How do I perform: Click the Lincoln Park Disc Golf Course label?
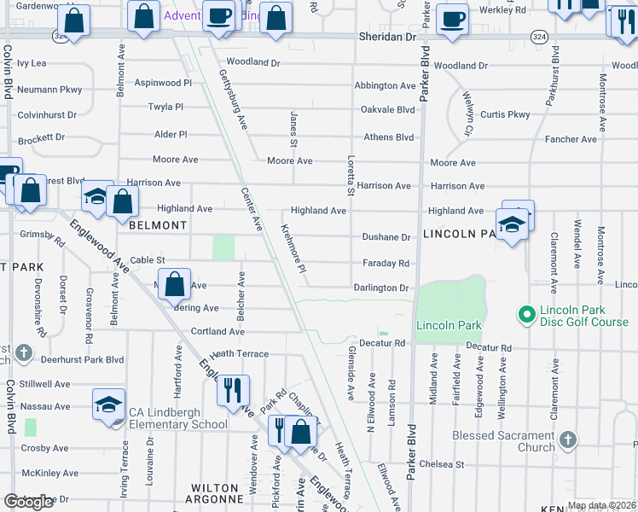[x=583, y=316]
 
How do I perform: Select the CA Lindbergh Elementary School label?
[x=177, y=418]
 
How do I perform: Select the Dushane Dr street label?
[x=386, y=237]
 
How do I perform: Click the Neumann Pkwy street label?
[x=49, y=89]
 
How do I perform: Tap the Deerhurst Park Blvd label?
[x=84, y=360]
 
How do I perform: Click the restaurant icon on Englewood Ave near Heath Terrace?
[x=233, y=391]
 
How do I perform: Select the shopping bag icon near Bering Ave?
[x=175, y=285]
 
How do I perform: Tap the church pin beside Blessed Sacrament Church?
[x=567, y=441]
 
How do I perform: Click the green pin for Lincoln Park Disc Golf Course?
[x=526, y=316]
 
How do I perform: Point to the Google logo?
[x=30, y=502]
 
